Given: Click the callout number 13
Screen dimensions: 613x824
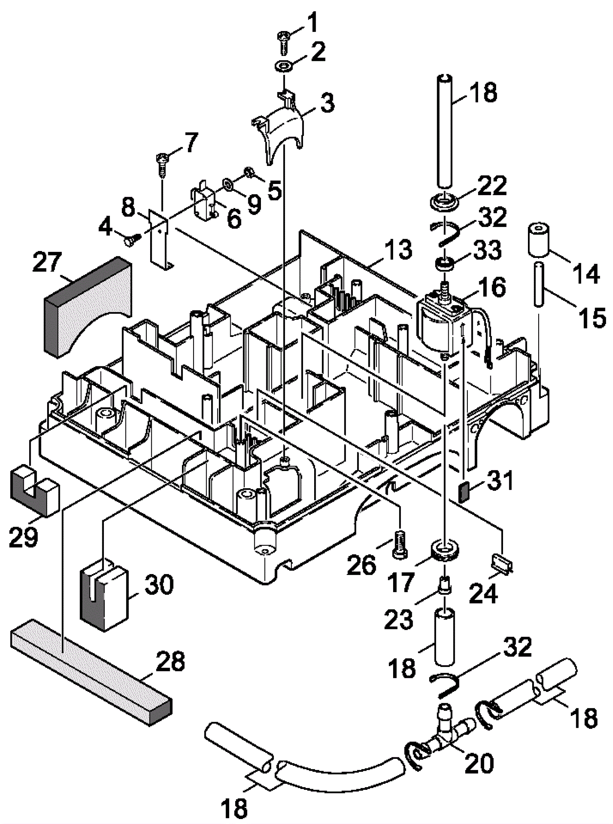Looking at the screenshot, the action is click(x=399, y=249).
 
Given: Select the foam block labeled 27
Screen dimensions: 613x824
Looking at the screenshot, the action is click(x=87, y=307).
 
